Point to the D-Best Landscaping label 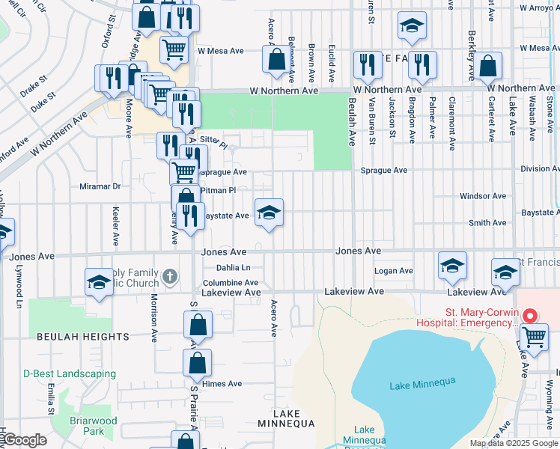pos(70,373)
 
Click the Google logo pos(25,440)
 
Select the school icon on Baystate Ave pos(269,213)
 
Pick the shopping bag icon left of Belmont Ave pos(276,59)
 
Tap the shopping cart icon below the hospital pos(534,337)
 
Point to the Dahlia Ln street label pos(233,267)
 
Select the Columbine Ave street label pos(231,283)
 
